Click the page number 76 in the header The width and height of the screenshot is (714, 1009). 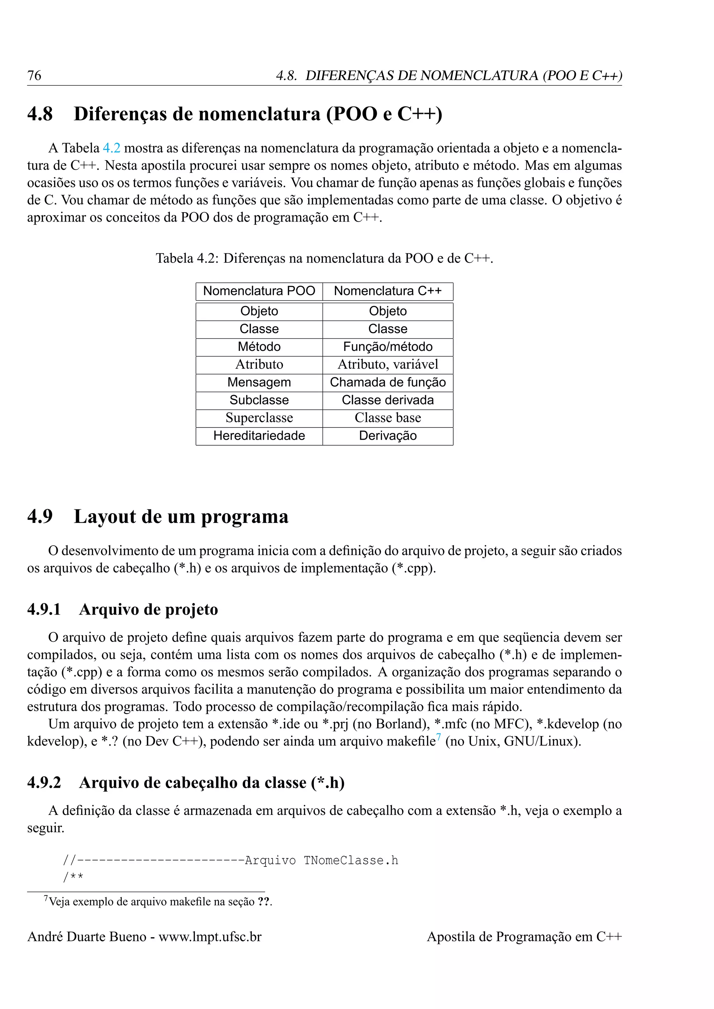tap(34, 76)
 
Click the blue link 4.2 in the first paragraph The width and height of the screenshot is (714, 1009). tap(111, 148)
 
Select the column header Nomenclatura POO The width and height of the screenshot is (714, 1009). tap(259, 291)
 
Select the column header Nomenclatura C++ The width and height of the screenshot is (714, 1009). tap(387, 291)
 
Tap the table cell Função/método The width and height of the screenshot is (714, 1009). tap(387, 347)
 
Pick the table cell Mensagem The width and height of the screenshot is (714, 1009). tap(259, 382)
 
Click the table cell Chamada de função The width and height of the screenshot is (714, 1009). tap(387, 382)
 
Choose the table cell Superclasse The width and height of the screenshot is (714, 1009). tap(259, 418)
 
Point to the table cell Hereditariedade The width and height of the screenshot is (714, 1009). tap(259, 436)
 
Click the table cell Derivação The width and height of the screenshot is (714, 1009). tap(387, 436)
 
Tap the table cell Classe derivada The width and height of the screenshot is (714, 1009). tap(387, 400)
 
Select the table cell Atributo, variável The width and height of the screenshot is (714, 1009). tap(387, 364)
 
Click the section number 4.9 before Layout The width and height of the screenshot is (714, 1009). tap(40, 517)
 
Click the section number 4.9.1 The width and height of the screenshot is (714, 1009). tap(44, 610)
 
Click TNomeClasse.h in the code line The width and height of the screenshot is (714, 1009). tap(351, 861)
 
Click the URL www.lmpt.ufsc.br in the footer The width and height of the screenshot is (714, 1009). tap(210, 937)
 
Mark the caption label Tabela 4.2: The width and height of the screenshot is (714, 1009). tap(187, 259)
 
